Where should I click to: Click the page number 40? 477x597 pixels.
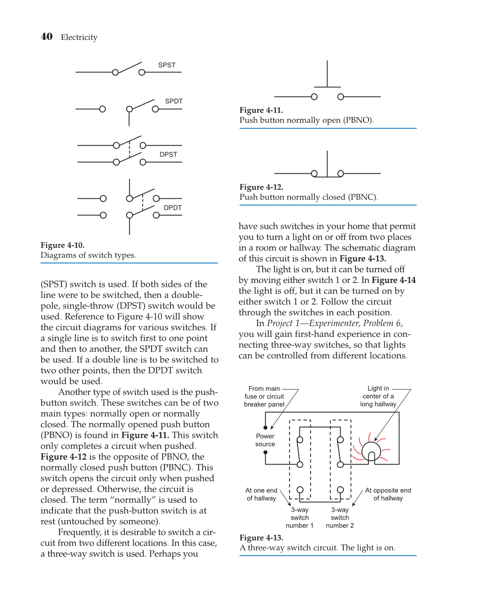click(46, 37)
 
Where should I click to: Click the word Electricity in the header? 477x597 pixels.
click(79, 37)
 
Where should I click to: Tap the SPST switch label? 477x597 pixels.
click(167, 65)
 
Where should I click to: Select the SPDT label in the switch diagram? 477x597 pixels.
click(174, 101)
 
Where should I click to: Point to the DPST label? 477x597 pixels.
click(168, 154)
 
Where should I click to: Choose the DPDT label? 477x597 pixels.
click(173, 207)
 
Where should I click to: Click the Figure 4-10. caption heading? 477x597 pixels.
click(62, 245)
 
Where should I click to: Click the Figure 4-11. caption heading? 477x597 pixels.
click(261, 110)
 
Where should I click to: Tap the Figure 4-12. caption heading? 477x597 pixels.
click(261, 187)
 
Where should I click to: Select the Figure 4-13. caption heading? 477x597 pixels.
click(261, 538)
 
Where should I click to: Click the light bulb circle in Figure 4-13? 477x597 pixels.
click(371, 450)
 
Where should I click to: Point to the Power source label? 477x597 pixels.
click(265, 440)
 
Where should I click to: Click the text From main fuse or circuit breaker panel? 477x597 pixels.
click(264, 397)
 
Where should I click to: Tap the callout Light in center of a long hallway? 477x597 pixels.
click(378, 396)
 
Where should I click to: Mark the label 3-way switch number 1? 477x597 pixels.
click(299, 518)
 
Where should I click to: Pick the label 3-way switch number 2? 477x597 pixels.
click(340, 518)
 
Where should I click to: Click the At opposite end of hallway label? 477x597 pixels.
click(388, 494)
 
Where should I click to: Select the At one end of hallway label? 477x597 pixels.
click(261, 494)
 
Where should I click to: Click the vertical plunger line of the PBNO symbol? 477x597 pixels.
click(327, 74)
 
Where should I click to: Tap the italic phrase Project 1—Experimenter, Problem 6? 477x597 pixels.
click(335, 323)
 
